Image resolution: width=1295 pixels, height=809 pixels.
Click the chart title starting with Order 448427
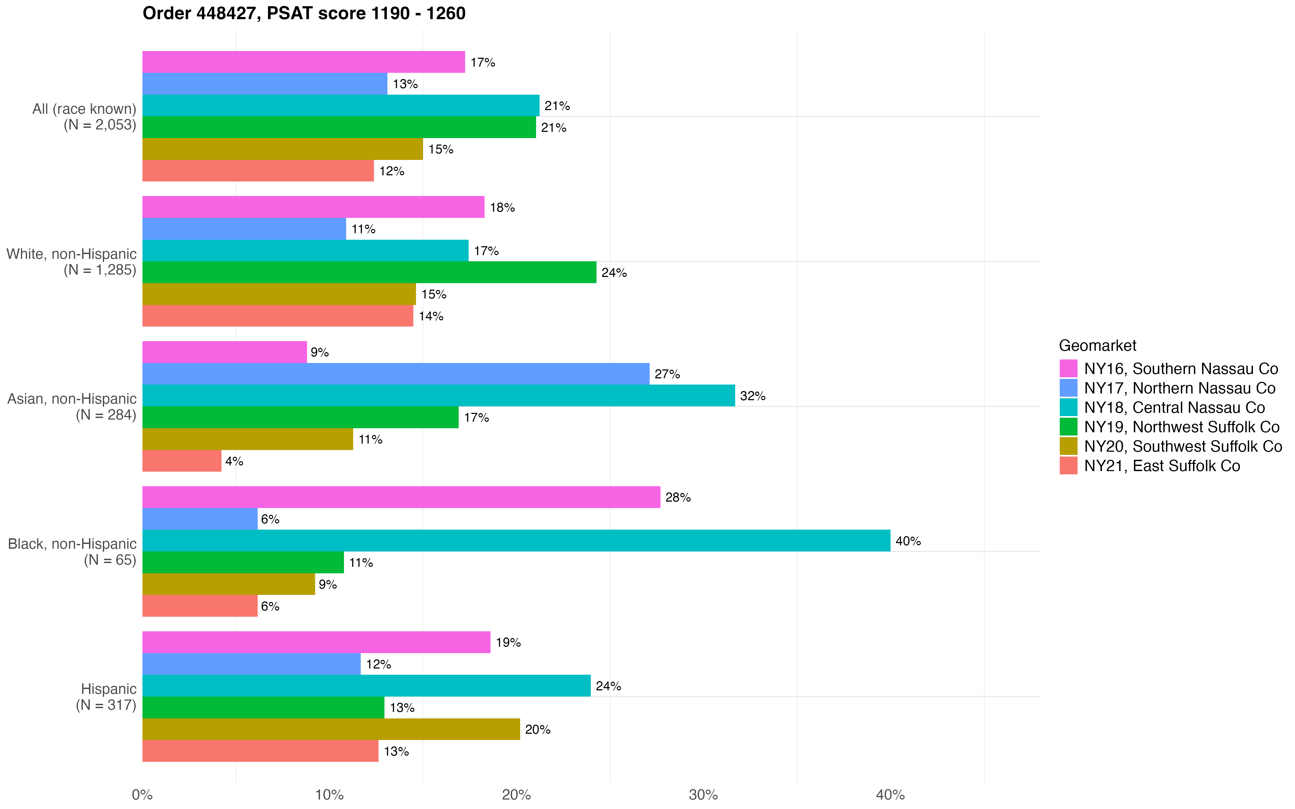coord(304,13)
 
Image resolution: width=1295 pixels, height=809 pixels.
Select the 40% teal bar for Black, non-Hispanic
coord(516,540)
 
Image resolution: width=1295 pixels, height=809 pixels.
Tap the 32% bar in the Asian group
coord(438,395)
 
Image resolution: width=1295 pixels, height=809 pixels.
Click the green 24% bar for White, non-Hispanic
coord(369,272)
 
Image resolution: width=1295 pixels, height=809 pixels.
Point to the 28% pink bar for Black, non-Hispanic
coord(401,497)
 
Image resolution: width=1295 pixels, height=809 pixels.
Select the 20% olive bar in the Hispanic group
coord(331,729)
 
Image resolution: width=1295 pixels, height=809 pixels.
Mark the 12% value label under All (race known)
coord(392,171)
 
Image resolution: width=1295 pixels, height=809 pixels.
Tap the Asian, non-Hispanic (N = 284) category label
coord(72,407)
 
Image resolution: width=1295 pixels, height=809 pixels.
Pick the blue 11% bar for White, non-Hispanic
coord(244,229)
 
